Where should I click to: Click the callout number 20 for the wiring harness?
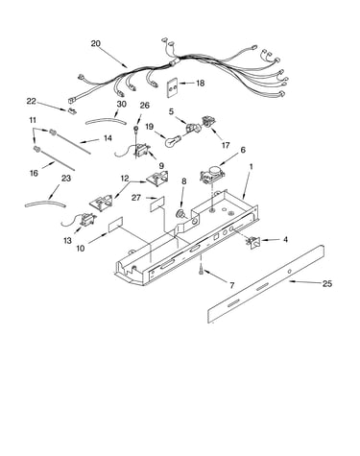95,43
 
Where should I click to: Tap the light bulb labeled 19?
173,141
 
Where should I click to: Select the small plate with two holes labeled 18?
173,86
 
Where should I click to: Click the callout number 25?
327,283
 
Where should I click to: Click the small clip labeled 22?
72,111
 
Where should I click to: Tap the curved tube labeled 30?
106,121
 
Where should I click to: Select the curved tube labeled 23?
45,203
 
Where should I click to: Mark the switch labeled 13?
86,220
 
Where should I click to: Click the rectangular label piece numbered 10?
115,224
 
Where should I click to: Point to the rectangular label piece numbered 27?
157,204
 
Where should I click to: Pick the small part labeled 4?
254,243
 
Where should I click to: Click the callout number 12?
125,179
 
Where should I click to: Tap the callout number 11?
33,120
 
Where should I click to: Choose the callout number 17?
226,145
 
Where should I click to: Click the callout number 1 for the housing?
252,167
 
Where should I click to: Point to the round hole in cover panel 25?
290,272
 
